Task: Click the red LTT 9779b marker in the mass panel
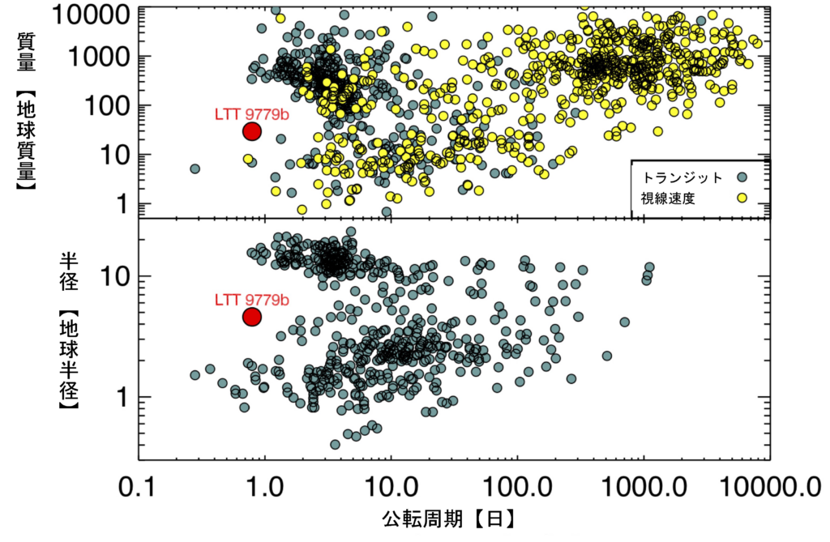pos(251,131)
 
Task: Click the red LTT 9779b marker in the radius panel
pos(251,317)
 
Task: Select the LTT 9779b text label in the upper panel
pos(251,114)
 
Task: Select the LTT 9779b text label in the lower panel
pos(251,300)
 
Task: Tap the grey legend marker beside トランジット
pos(742,176)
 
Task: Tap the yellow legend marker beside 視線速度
pos(742,197)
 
